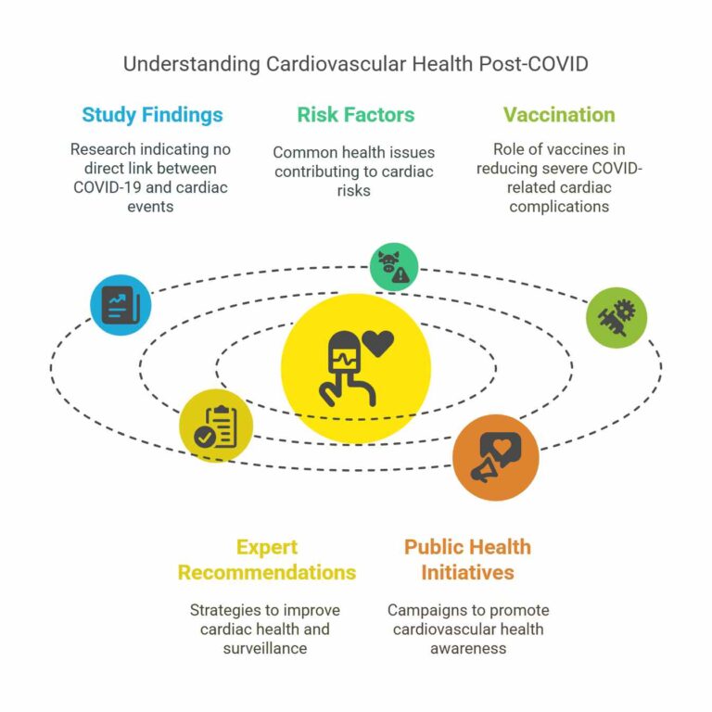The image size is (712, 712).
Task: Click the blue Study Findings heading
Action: [x=152, y=115]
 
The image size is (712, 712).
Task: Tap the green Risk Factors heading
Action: [x=356, y=114]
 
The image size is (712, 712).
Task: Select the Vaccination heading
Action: [x=559, y=114]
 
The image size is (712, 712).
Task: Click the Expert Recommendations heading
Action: [x=267, y=559]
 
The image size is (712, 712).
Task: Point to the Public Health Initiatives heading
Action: [x=467, y=559]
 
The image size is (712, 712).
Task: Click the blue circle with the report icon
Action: [x=121, y=305]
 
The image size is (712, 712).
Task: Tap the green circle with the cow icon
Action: [x=394, y=267]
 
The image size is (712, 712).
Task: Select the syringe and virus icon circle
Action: [x=617, y=317]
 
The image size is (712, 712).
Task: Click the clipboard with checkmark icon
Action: [x=216, y=426]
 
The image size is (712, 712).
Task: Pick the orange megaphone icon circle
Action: [x=496, y=457]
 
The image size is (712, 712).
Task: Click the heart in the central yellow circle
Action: [x=378, y=343]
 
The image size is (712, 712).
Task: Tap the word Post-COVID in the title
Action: [x=534, y=64]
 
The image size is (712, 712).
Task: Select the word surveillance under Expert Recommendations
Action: [x=265, y=648]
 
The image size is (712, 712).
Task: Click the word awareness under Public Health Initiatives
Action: [x=468, y=648]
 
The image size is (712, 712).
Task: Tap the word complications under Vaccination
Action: [x=559, y=207]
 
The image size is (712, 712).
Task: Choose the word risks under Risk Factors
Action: [x=354, y=191]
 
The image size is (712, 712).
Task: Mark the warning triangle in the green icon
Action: [x=400, y=275]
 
